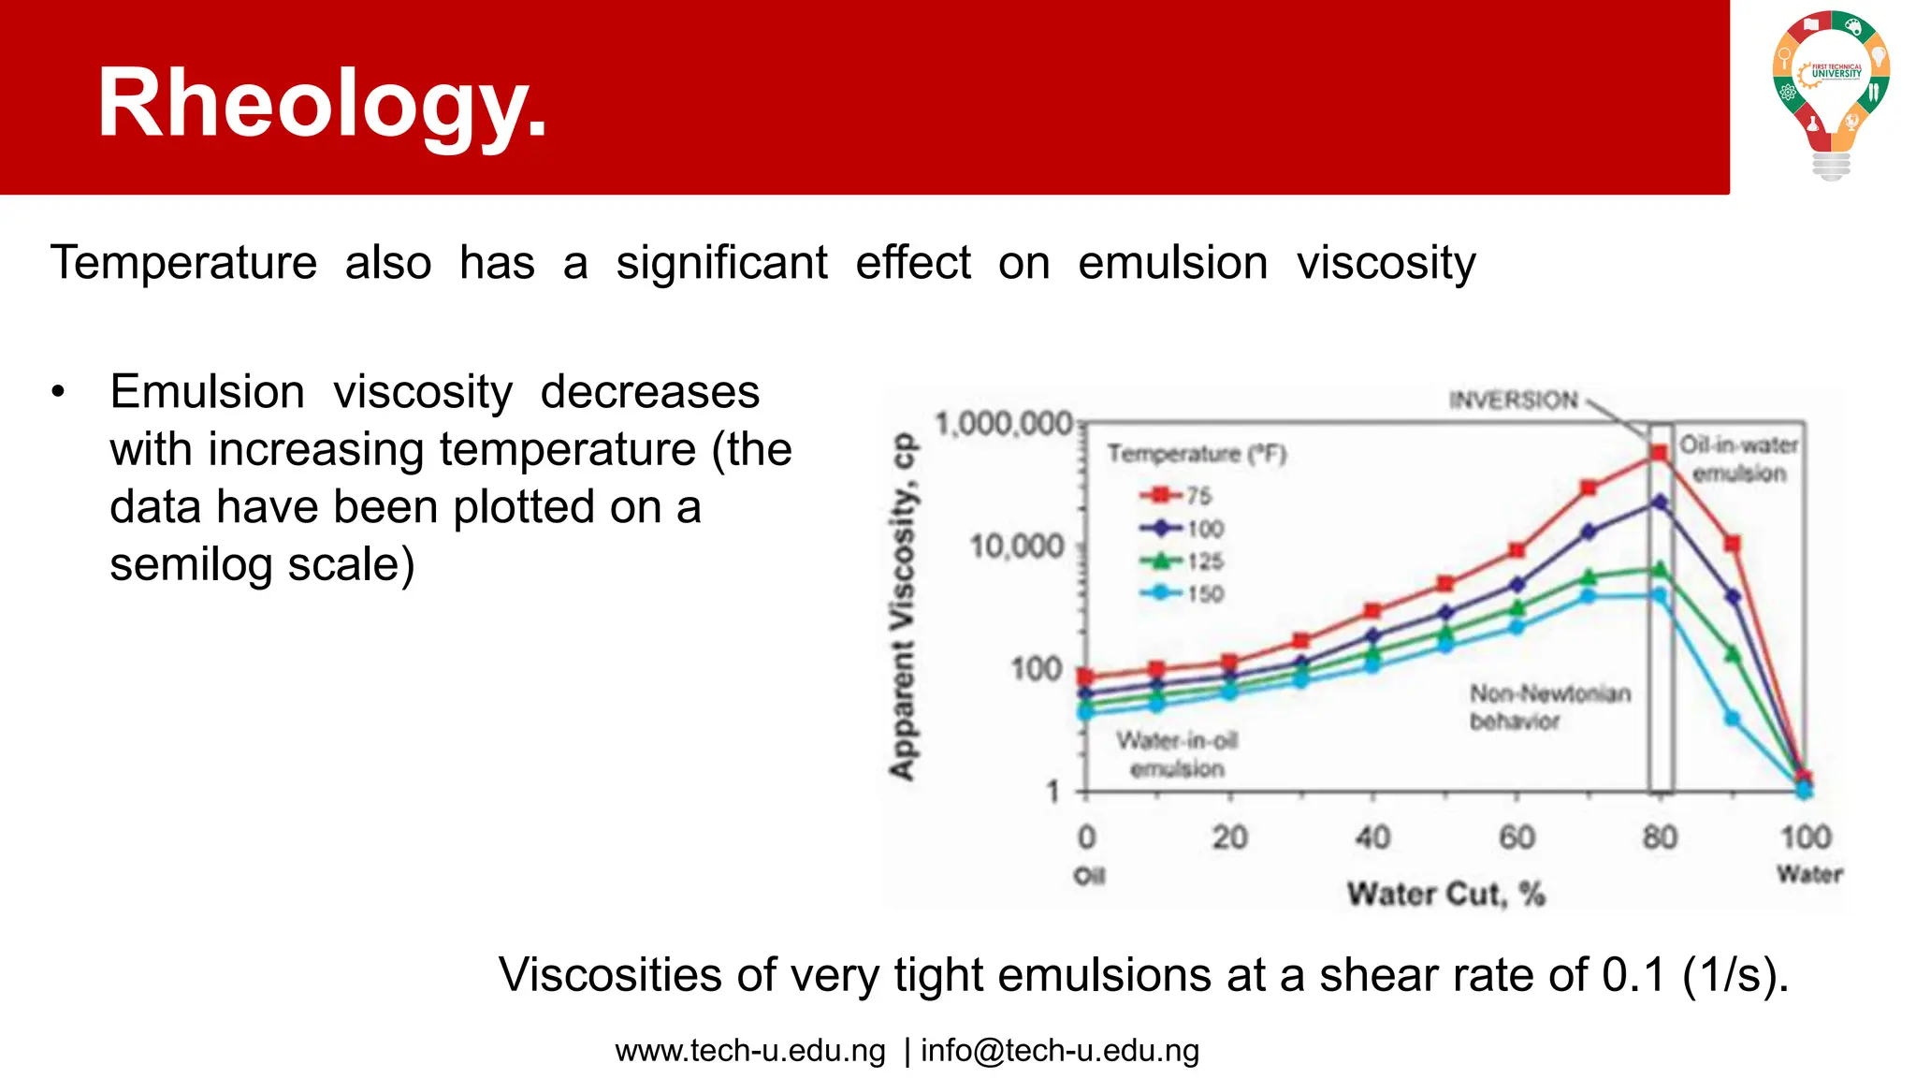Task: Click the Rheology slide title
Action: tap(322, 105)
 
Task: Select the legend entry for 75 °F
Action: tap(1177, 495)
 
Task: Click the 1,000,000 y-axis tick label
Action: tap(1003, 424)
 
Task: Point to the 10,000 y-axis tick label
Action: tap(1017, 546)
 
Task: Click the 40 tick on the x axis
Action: tap(1372, 836)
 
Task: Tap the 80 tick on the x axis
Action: tap(1660, 836)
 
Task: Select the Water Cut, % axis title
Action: tap(1445, 894)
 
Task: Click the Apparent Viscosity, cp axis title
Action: tap(902, 606)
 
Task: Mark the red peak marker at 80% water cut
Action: tap(1659, 453)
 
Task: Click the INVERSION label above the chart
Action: tap(1513, 401)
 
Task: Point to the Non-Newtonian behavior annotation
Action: tap(1549, 707)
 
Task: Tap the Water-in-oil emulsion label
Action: tap(1177, 754)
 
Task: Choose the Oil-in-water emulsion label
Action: tap(1738, 459)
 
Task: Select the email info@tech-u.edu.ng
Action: tap(1059, 1050)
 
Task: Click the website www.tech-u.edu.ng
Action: tap(749, 1050)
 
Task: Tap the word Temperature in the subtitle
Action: tap(184, 263)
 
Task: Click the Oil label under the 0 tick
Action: tap(1088, 876)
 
